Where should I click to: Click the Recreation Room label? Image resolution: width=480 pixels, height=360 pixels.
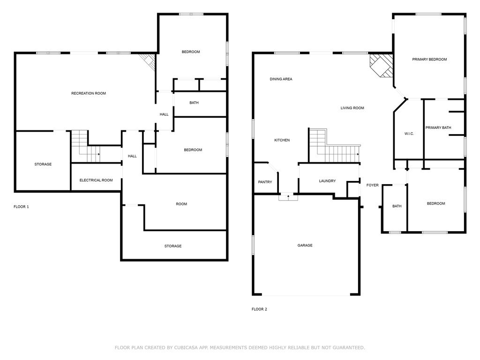(89, 93)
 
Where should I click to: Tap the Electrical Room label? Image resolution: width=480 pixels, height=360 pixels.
(96, 180)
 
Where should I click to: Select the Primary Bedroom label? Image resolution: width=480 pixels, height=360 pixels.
(429, 60)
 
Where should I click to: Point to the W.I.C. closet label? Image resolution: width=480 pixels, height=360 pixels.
(409, 134)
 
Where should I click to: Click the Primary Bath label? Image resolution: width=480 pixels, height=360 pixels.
(438, 127)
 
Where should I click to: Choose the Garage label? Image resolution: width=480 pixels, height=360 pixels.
(305, 245)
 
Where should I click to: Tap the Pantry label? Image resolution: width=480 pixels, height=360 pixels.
(265, 182)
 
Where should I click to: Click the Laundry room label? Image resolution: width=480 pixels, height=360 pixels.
(327, 181)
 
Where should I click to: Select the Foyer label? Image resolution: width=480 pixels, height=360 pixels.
(372, 185)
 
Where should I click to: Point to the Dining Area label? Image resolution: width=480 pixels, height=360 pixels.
(281, 79)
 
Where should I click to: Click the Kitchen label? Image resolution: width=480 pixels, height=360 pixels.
(282, 140)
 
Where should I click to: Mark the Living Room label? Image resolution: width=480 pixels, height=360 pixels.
(352, 108)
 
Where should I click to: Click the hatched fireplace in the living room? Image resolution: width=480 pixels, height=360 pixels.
(381, 65)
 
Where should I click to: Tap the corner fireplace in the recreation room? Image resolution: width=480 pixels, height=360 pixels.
(149, 61)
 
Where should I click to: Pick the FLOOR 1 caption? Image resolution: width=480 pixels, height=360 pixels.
(21, 207)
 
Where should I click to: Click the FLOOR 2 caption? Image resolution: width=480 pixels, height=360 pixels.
(259, 309)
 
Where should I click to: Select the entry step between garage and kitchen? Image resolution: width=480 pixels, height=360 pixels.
(288, 197)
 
